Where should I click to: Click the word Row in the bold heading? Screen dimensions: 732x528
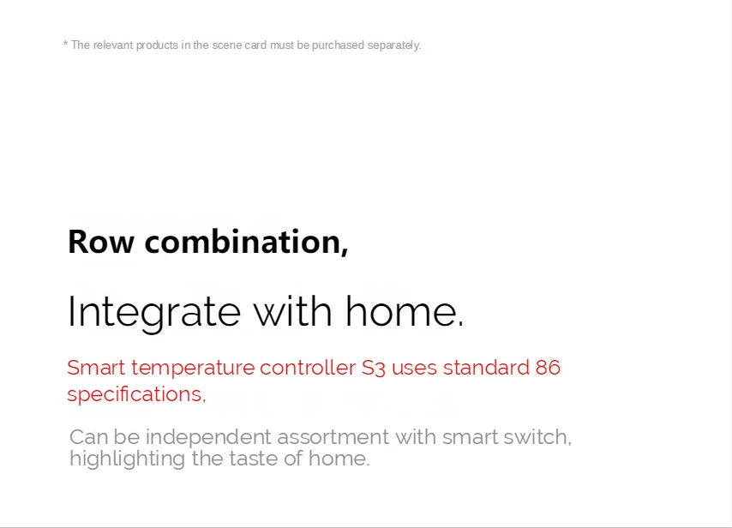coord(101,242)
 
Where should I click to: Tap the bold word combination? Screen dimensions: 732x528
coord(246,242)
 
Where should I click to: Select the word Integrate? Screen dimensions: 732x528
coord(154,312)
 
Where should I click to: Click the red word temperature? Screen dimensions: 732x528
coord(193,369)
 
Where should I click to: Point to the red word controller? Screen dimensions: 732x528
coord(308,368)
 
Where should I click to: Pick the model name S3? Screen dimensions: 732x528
coord(374,368)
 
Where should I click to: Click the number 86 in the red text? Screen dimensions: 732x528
coord(548,368)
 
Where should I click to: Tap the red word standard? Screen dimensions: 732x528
coord(485,368)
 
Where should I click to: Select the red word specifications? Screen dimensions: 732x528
coord(136,394)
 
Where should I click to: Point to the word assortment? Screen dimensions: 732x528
coord(333,437)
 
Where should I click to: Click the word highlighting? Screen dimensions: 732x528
coord(127,459)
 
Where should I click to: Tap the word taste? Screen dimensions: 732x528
coord(254,459)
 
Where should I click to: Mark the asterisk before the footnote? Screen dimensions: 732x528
coord(65,44)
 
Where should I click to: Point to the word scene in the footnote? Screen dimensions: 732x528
coord(227,45)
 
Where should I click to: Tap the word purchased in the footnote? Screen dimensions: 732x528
coord(338,45)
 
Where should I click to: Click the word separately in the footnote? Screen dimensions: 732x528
coord(394,45)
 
